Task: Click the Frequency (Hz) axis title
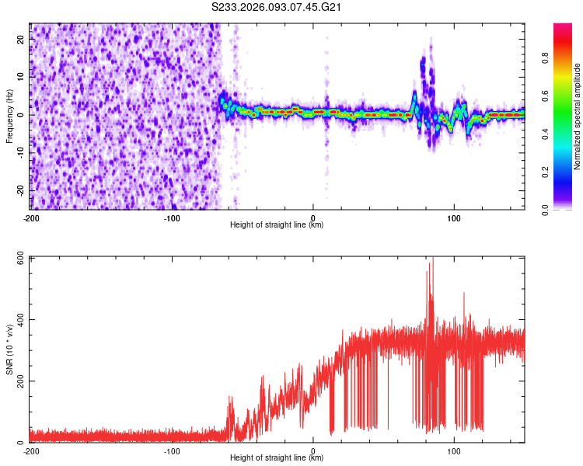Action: click(9, 115)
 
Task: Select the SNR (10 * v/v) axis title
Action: click(9, 349)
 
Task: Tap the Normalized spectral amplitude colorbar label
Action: click(578, 117)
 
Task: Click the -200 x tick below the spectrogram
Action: click(31, 217)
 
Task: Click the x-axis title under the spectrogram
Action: click(277, 225)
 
